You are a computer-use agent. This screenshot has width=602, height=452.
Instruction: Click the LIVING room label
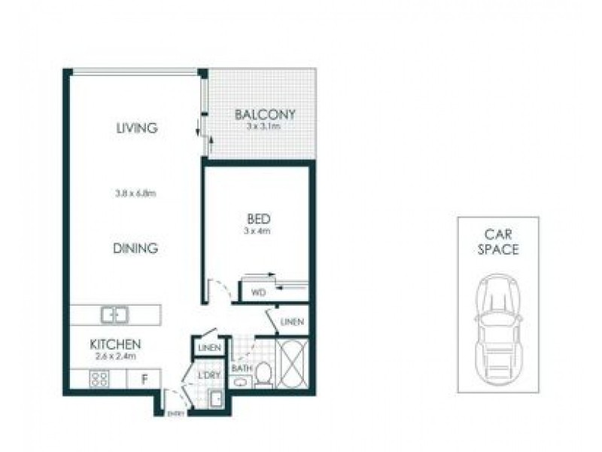pos(136,128)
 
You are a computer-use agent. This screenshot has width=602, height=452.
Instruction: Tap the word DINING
pos(136,247)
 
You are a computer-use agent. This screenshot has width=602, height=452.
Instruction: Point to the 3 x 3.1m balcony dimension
pos(263,127)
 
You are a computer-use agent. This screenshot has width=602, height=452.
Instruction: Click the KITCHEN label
pos(116,344)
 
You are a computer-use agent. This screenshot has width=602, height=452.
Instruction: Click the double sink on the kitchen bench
pos(115,314)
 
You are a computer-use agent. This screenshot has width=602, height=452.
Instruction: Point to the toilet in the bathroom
pos(263,374)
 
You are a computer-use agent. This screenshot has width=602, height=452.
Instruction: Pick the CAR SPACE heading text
pos(497,242)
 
